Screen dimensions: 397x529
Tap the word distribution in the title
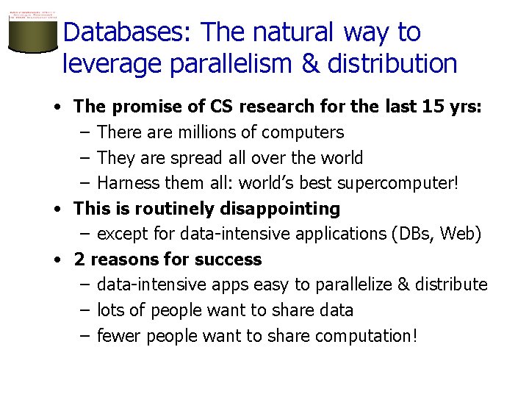pyautogui.click(x=392, y=64)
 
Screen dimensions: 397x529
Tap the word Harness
pyautogui.click(x=123, y=183)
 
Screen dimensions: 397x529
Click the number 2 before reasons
pyautogui.click(x=79, y=260)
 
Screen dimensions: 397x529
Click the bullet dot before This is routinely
pyautogui.click(x=57, y=209)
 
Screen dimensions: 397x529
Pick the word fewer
pyautogui.click(x=119, y=336)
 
